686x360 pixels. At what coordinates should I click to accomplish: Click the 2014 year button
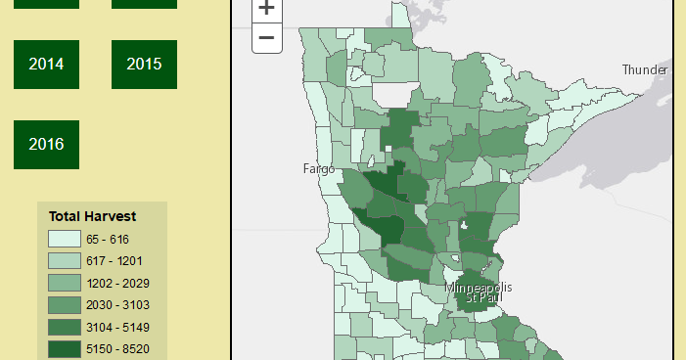tap(46, 65)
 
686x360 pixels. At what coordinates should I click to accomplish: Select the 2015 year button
tap(144, 65)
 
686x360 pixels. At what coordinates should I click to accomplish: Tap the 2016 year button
tap(46, 145)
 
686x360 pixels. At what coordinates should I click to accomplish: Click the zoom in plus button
tap(267, 9)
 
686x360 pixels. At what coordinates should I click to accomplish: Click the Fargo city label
tap(319, 169)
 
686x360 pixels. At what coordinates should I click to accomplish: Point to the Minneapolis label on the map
tap(479, 288)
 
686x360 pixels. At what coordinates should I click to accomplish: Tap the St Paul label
tap(479, 297)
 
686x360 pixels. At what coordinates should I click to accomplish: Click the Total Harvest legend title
tap(92, 216)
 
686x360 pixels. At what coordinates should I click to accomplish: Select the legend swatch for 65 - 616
tap(63, 239)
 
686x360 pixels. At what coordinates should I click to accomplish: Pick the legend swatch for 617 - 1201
tap(63, 260)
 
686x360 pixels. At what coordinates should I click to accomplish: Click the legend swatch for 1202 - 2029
tap(63, 283)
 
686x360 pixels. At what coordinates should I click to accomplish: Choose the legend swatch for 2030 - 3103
tap(63, 304)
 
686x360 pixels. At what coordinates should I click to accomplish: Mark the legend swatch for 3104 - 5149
tap(63, 327)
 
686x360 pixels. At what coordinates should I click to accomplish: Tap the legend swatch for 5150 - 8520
tap(63, 348)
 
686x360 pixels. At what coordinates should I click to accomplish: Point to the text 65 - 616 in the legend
tap(107, 239)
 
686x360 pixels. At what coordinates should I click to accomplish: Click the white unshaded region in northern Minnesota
tap(391, 95)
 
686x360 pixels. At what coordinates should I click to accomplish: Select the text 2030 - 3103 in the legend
tap(116, 304)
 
